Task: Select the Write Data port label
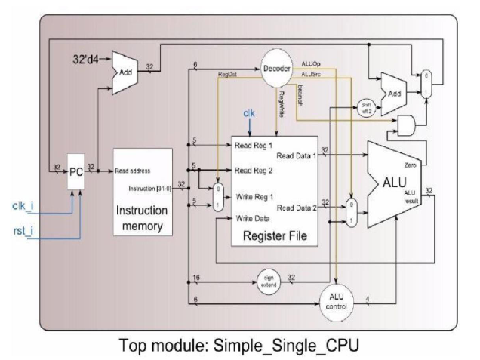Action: [x=253, y=219]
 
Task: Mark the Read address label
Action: [x=137, y=171]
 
